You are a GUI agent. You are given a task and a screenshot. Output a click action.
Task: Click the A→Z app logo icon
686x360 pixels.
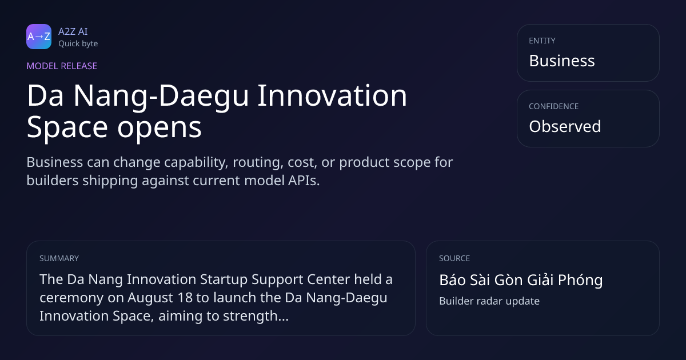point(39,37)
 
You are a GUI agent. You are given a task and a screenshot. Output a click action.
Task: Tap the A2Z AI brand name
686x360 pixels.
point(73,31)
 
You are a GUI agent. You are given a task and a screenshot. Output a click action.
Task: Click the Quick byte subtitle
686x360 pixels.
point(78,44)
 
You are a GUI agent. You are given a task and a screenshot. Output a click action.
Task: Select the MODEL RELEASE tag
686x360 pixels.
point(62,66)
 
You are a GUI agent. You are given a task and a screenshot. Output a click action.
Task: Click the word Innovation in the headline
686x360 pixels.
point(332,95)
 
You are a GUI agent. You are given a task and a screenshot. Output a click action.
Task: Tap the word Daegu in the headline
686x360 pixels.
point(204,97)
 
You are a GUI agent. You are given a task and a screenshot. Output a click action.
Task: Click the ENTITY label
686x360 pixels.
point(542,41)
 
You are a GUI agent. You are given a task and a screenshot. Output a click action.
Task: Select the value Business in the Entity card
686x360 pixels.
point(562,61)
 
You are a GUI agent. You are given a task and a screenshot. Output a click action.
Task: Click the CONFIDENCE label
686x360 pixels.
point(554,106)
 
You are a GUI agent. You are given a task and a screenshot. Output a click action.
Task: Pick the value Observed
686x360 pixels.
point(565,126)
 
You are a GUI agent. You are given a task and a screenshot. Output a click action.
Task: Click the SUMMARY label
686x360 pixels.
point(59,258)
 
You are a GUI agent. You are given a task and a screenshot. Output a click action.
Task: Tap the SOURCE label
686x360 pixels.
point(454,258)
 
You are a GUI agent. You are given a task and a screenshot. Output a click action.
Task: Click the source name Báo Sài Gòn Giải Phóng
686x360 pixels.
point(521,280)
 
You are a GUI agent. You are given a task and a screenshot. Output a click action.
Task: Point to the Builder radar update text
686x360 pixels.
point(489,301)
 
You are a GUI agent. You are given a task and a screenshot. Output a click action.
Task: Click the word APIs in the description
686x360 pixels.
point(304,181)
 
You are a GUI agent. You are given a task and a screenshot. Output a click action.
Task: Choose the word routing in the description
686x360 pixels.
point(258,163)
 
